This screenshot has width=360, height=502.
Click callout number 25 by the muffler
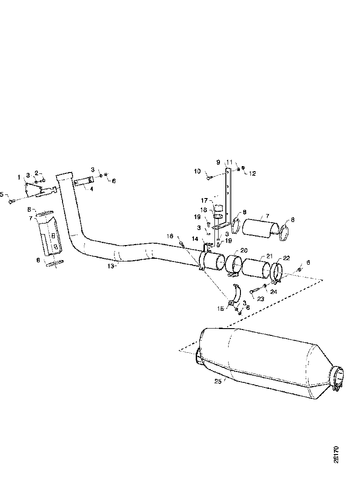click(217, 381)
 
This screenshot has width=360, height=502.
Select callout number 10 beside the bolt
click(197, 172)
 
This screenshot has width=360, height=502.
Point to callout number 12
click(252, 173)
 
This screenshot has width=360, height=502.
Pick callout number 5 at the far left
click(2, 194)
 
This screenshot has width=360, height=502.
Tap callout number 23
click(261, 299)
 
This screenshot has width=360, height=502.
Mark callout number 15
click(221, 309)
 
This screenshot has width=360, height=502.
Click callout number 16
click(171, 236)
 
